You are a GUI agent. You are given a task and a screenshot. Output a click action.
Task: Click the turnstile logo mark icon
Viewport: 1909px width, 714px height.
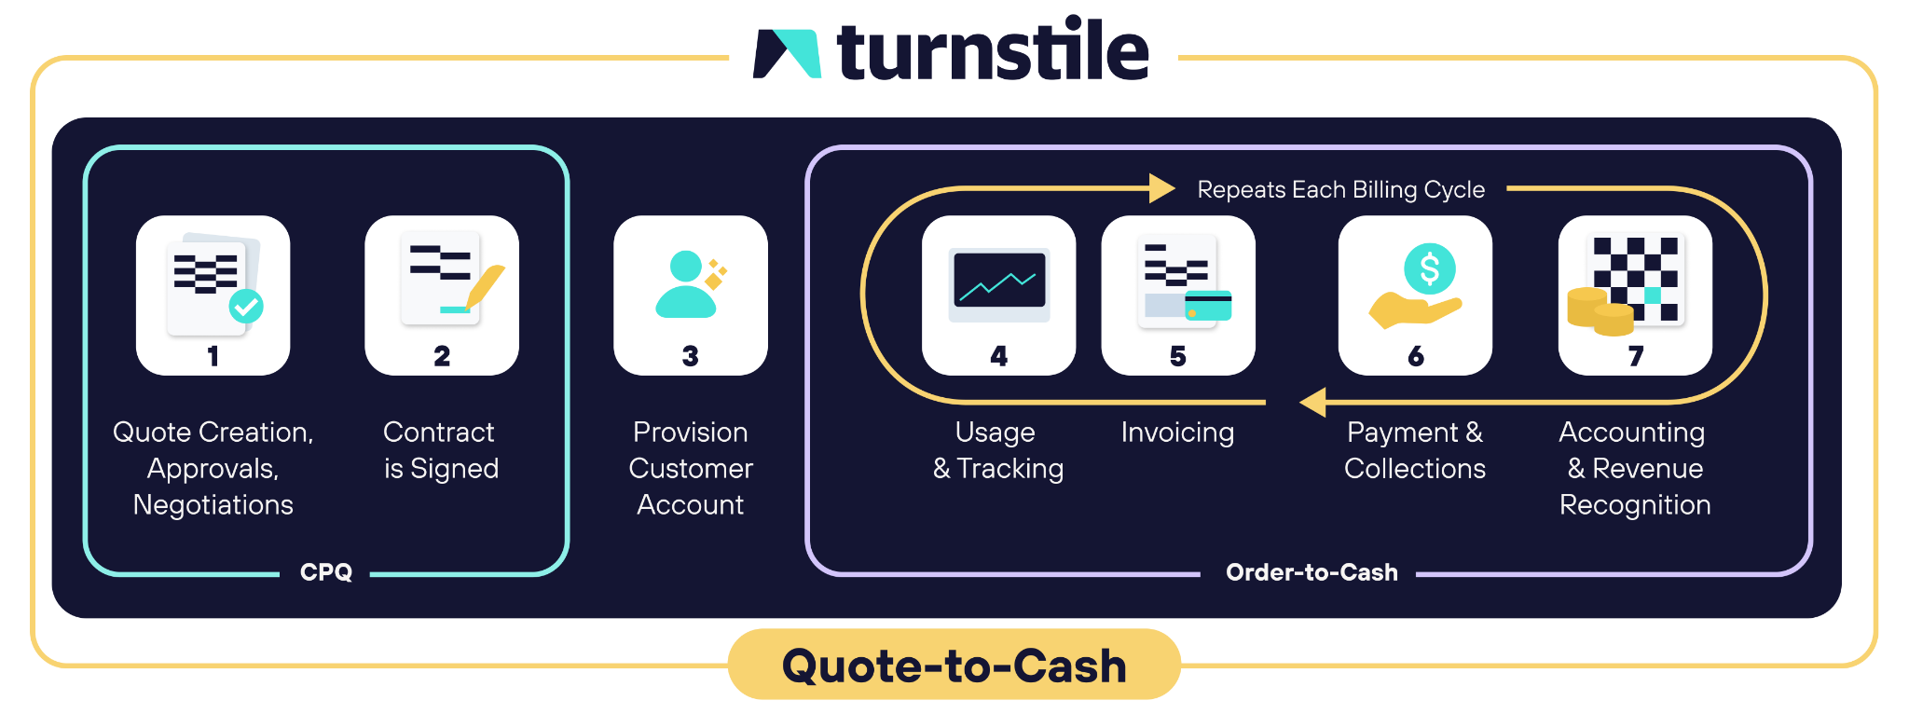click(787, 53)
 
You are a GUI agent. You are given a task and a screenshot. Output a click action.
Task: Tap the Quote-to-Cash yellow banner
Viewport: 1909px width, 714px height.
click(954, 666)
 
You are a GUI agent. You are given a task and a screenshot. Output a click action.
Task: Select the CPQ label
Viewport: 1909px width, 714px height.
click(326, 571)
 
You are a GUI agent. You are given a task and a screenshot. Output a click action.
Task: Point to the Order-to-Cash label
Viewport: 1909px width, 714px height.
click(1311, 571)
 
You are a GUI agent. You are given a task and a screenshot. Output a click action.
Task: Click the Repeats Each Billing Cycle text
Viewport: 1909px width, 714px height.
click(1340, 189)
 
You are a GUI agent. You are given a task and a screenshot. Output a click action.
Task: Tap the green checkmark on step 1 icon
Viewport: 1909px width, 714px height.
click(246, 306)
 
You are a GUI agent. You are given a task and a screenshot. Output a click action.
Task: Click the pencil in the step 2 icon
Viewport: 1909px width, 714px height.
click(484, 285)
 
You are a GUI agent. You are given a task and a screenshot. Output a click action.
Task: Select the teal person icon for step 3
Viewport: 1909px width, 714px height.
click(687, 284)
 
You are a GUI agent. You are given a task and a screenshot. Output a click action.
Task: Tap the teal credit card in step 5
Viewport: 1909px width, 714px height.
click(1208, 305)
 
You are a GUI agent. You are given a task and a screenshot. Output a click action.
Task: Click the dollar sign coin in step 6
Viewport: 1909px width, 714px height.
click(1429, 269)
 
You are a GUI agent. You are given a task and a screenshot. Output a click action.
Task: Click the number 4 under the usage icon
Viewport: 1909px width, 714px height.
click(998, 356)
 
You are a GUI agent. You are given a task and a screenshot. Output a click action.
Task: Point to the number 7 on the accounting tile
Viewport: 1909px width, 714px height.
click(1635, 356)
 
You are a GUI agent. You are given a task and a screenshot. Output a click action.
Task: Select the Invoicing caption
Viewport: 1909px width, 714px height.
click(1177, 433)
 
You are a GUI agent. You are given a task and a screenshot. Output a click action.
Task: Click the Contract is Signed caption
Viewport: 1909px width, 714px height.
click(441, 450)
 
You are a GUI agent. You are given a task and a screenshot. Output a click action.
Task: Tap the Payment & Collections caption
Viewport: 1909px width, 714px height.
click(1414, 450)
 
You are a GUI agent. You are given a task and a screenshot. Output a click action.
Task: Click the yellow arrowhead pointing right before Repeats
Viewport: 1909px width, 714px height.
click(1161, 188)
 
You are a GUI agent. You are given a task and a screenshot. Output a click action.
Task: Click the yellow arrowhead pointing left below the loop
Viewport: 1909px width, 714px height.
click(1313, 403)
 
